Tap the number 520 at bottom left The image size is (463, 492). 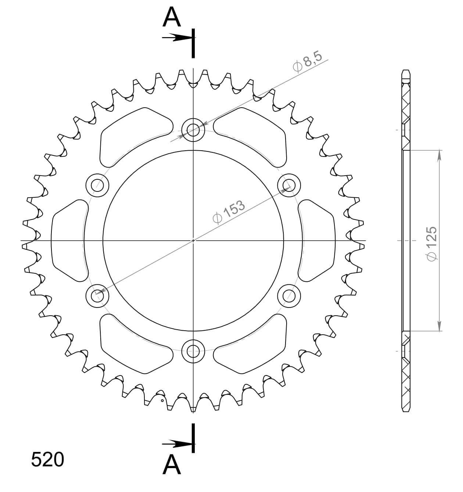[x=48, y=460]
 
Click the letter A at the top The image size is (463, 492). [x=172, y=17]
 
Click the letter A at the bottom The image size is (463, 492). [x=172, y=465]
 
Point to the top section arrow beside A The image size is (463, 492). [x=177, y=37]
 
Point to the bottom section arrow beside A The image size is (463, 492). [x=177, y=444]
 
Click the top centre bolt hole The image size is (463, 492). [x=193, y=130]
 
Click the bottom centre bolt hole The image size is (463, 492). [x=193, y=351]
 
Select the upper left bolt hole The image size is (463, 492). [x=97, y=185]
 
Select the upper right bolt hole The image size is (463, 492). [x=289, y=185]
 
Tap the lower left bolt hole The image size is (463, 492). [x=97, y=295]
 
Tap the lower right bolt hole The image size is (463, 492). [x=289, y=295]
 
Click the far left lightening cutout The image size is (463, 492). [x=68, y=241]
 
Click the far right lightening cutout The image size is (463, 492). [x=317, y=241]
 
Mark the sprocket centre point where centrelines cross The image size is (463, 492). [x=193, y=241]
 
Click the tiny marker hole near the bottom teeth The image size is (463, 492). [x=162, y=400]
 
